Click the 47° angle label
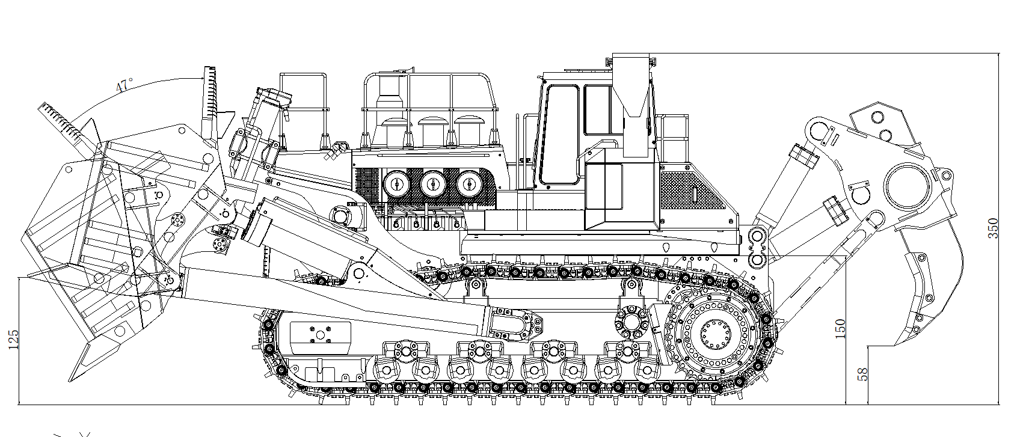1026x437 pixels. click(x=124, y=85)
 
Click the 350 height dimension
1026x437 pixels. click(x=992, y=228)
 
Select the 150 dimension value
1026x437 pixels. click(x=841, y=329)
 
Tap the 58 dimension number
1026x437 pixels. click(x=862, y=374)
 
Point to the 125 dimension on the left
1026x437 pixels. click(x=13, y=340)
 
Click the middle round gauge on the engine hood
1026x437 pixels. click(x=433, y=185)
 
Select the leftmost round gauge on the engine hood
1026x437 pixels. click(x=396, y=185)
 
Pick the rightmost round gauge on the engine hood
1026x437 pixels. click(x=469, y=185)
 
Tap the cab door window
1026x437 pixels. click(x=559, y=135)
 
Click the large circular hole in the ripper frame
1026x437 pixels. click(x=908, y=187)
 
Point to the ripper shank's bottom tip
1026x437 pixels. click(x=899, y=344)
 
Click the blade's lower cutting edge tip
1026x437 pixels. click(x=70, y=380)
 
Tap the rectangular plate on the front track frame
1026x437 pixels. click(x=320, y=338)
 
